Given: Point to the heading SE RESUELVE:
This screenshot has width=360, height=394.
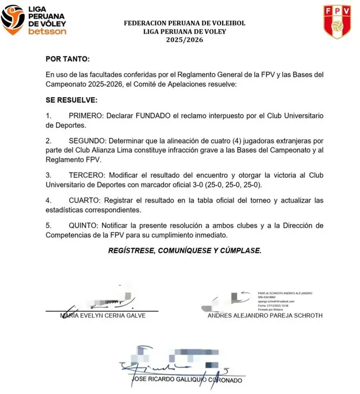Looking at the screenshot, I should [71, 100].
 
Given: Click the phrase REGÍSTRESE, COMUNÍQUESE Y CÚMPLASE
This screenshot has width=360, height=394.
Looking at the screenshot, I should [184, 250].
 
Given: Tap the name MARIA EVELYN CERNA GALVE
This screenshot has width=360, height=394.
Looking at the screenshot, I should [103, 316].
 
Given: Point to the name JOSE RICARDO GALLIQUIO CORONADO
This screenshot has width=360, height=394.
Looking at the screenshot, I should [186, 381].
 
